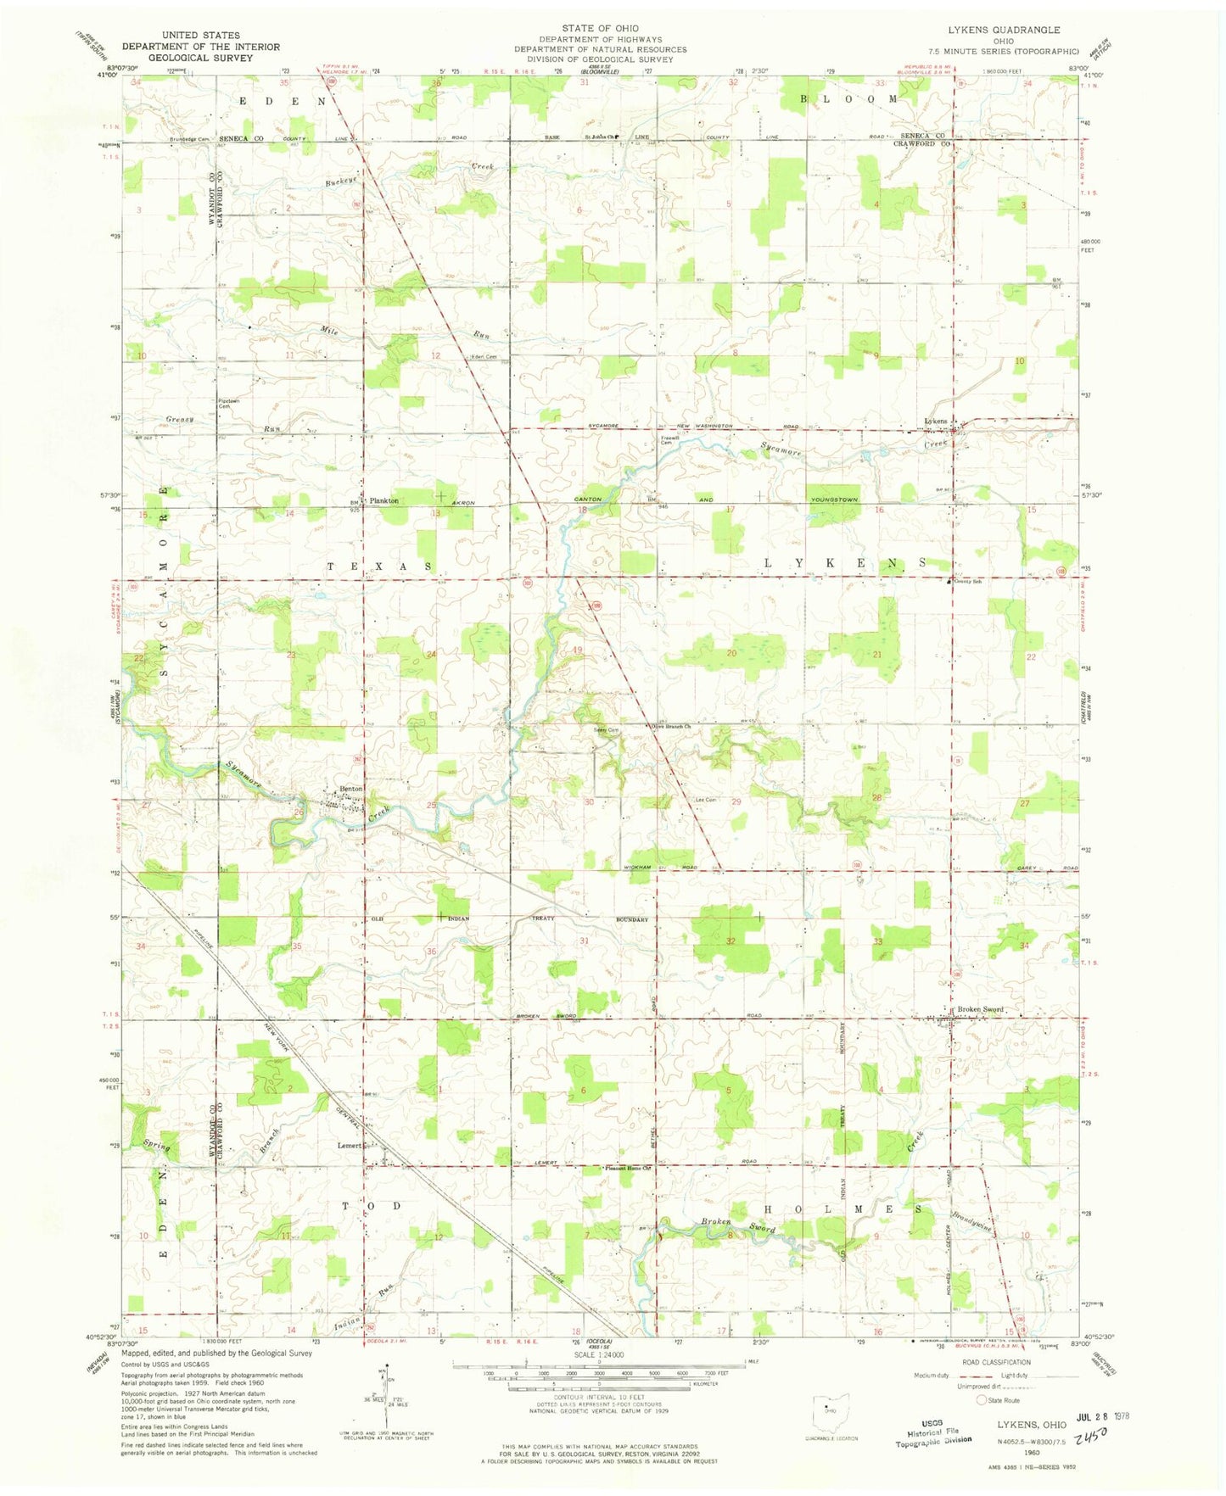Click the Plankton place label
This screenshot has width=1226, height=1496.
tap(383, 501)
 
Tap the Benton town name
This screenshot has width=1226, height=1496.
tap(351, 789)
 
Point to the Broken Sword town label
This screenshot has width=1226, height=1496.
tap(980, 1009)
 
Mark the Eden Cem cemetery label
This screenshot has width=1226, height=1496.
tap(484, 357)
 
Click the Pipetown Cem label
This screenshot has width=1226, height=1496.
tap(224, 404)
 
